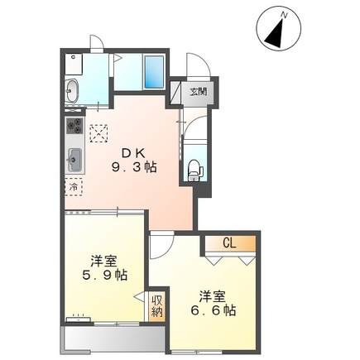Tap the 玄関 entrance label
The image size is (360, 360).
coord(198,92)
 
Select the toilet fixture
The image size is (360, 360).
coord(194,167)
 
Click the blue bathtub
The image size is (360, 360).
coord(155,73)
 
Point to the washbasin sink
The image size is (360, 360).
coord(71,90)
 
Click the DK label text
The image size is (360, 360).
coord(134,152)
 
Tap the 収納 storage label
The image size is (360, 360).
coord(157,306)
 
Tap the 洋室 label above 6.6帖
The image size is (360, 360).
coord(212,295)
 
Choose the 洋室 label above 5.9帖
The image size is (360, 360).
coord(105,258)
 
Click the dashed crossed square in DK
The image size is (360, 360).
coord(100,132)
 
